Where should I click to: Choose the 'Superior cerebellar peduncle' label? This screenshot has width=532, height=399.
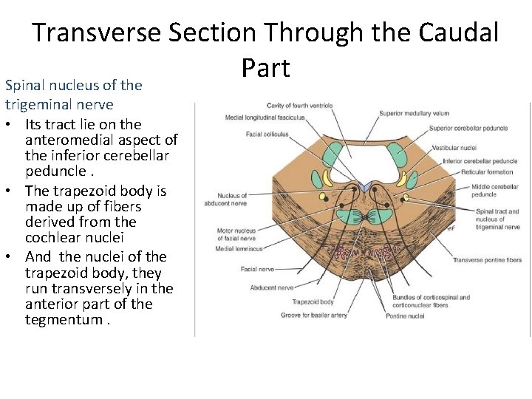pos(468,128)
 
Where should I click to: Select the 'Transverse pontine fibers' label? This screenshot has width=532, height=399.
pos(487,260)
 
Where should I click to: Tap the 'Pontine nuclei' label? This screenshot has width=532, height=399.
pos(405,316)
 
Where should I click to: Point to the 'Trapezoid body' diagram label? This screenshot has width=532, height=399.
pos(313,301)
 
